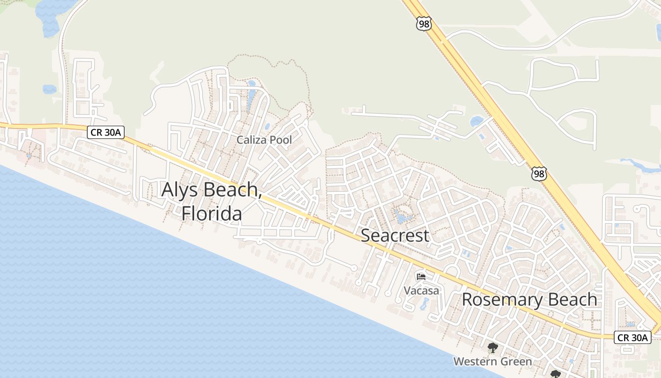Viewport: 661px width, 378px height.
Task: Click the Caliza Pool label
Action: pos(264,140)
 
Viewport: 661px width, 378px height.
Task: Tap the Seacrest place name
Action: pos(395,235)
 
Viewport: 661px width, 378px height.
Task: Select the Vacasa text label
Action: pos(421,290)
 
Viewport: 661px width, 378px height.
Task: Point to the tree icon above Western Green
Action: pos(492,349)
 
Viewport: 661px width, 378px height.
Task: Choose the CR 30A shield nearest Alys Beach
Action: pos(106,132)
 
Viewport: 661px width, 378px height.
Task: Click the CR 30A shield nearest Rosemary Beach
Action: pos(632,337)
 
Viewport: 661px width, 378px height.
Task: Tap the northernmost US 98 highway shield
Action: pos(424,24)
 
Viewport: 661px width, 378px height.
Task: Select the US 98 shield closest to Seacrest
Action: pos(539,173)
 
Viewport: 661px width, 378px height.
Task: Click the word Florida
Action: pos(212,213)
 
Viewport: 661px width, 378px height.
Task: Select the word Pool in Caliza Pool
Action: pos(280,140)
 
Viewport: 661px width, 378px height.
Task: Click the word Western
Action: pos(474,361)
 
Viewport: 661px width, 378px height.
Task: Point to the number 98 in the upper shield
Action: pos(424,24)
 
